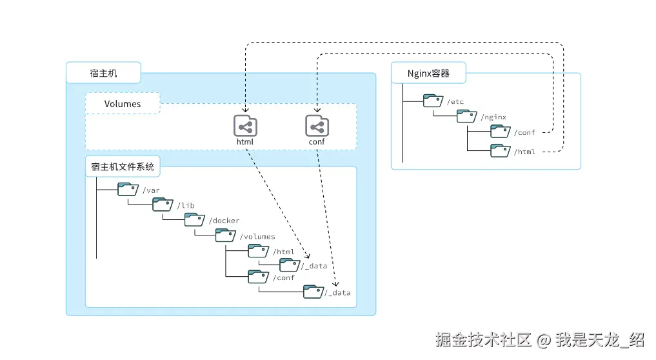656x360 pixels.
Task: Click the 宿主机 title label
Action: click(x=103, y=73)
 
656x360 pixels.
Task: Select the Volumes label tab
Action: click(x=123, y=104)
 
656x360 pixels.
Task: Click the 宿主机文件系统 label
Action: click(x=123, y=167)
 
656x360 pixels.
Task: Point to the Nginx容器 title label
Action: click(x=428, y=73)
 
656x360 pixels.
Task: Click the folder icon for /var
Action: click(x=128, y=189)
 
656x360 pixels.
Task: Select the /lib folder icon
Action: click(x=163, y=205)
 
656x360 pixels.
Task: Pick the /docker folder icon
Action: click(x=195, y=220)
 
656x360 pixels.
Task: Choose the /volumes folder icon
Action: click(x=226, y=236)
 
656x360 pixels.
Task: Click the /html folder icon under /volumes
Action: click(x=259, y=251)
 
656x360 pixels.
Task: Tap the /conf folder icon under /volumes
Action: click(x=259, y=277)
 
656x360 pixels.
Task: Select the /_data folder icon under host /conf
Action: click(x=314, y=292)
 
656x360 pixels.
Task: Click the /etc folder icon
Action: click(x=433, y=101)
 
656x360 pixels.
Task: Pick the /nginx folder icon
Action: click(x=467, y=117)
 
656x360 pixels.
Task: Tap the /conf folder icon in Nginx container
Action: click(x=501, y=132)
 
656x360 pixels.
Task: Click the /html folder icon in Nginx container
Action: click(x=501, y=151)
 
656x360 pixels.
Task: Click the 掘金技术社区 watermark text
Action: click(x=482, y=339)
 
